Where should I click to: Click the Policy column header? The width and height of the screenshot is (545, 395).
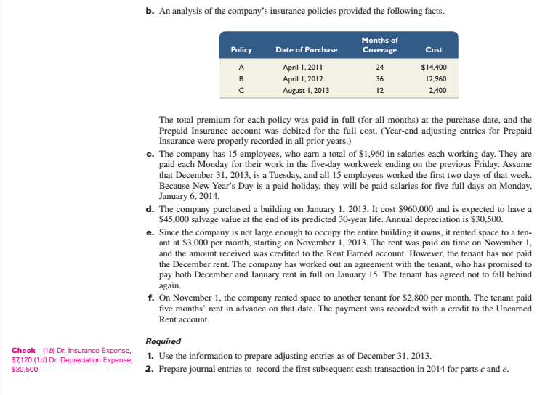(241, 50)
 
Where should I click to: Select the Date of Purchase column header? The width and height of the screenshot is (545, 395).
(306, 50)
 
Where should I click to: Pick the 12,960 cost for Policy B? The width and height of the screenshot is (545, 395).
(435, 77)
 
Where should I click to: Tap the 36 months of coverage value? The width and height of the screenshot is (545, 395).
(379, 77)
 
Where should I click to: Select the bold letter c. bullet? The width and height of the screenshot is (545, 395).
(149, 155)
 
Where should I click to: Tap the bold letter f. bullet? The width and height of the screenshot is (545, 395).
(149, 298)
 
